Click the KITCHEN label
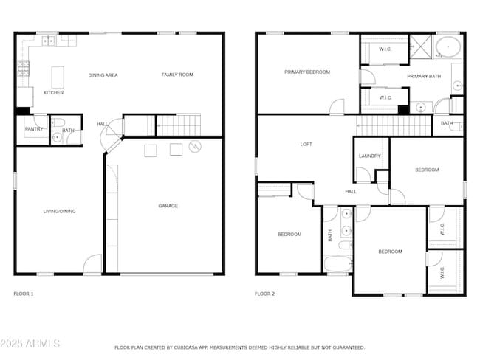(53, 93)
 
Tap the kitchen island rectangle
(58, 77)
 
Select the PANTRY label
(34, 129)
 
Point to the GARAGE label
(168, 206)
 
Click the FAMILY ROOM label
(177, 75)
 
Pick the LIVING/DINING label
(59, 211)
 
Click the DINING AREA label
(103, 75)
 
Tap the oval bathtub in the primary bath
(448, 47)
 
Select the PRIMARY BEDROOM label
(307, 72)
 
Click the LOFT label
(306, 144)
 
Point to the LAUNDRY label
(369, 156)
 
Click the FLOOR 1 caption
(24, 294)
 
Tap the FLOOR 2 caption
(265, 294)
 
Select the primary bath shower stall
(421, 46)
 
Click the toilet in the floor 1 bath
(58, 122)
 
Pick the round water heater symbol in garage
(195, 147)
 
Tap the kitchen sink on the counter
(48, 41)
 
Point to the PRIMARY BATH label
(424, 76)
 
